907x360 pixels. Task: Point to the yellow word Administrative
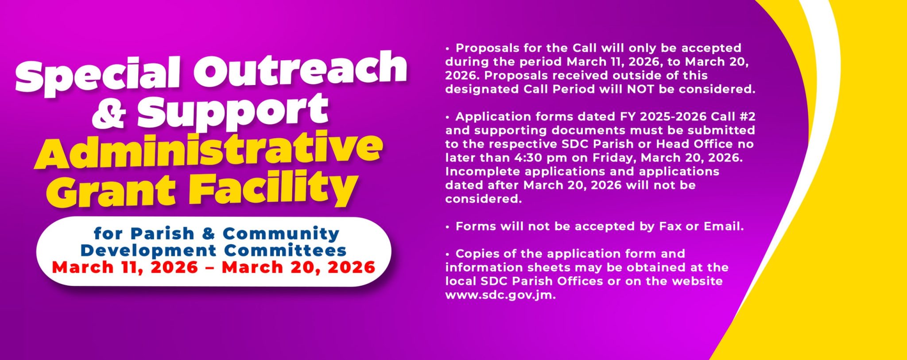[x=209, y=151]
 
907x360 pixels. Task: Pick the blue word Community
[x=281, y=233]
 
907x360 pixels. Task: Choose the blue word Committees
[x=285, y=250]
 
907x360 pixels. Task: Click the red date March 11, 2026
[x=125, y=267]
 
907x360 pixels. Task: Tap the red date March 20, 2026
[x=298, y=267]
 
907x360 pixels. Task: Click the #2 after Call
[x=746, y=116]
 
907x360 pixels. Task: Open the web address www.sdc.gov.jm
[x=500, y=295]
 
